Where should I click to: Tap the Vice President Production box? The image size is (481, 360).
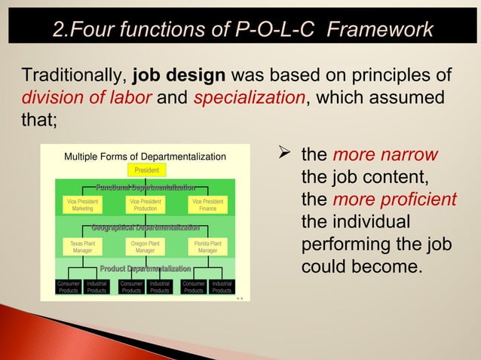pos(146,205)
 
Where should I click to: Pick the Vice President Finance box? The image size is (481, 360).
pos(207,205)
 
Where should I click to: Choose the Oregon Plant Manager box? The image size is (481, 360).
pos(146,247)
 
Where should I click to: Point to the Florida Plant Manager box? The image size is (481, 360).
pos(207,247)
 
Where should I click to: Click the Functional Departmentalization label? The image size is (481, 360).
pos(146,187)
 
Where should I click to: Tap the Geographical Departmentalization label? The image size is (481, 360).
pos(146,227)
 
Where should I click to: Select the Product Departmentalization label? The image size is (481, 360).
pos(146,269)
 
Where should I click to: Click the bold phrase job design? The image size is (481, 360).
pos(179,77)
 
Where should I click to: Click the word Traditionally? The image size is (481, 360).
pos(74,77)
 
